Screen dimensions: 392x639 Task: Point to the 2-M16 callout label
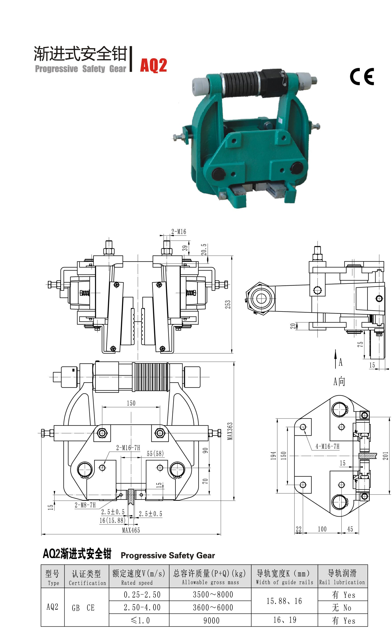(179, 232)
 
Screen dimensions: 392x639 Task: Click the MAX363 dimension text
(230, 431)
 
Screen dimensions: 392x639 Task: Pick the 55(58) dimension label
(155, 453)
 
